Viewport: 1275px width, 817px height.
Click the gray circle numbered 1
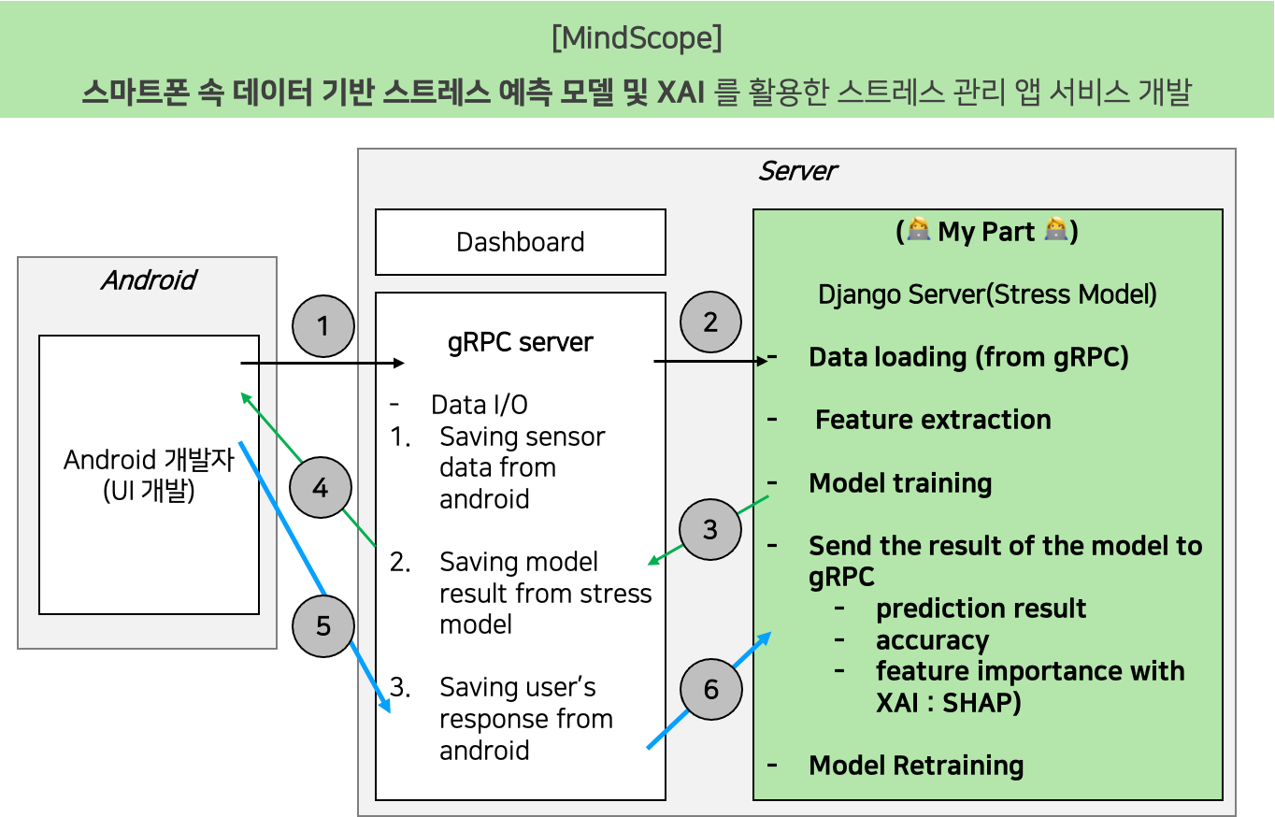[323, 326]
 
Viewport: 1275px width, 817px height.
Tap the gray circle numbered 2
[710, 322]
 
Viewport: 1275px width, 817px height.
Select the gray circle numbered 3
[710, 529]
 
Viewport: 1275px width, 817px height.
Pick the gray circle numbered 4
[320, 487]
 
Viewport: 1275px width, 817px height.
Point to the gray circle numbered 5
[323, 624]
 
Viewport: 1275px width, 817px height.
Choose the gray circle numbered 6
[711, 689]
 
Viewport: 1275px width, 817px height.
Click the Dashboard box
[520, 242]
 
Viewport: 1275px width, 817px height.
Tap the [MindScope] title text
[637, 39]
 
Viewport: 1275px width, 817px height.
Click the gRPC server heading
[520, 342]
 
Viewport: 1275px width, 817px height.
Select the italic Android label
[148, 280]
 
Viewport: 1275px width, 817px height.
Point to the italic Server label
[796, 171]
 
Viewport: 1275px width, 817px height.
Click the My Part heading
[987, 232]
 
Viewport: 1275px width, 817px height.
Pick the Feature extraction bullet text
[932, 420]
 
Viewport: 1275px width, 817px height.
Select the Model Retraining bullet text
[916, 766]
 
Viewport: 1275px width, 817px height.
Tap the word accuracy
[932, 640]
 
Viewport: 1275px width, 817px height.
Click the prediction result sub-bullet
[981, 609]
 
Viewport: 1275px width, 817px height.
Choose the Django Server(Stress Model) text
[987, 294]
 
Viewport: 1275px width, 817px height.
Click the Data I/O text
[479, 405]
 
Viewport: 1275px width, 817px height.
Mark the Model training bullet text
[900, 483]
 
